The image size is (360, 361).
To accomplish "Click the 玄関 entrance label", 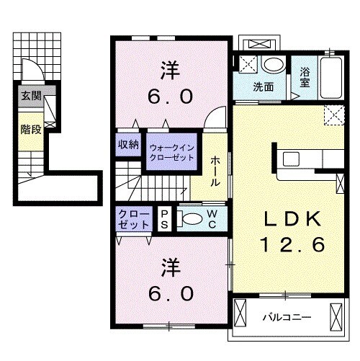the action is (31, 96).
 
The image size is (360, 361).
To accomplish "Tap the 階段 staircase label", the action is (31, 130).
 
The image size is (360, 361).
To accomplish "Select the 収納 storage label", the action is (128, 145).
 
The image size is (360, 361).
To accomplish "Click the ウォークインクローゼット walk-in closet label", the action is (171, 153).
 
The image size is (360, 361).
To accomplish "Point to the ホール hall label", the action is (215, 171).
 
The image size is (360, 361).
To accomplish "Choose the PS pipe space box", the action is (164, 219).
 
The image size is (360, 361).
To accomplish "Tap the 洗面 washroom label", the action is (264, 87).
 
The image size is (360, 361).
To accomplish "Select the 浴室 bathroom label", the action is (305, 77).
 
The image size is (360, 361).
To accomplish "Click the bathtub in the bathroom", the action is (331, 78).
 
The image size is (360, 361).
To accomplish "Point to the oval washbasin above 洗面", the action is (274, 64).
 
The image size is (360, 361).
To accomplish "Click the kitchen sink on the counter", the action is (291, 159).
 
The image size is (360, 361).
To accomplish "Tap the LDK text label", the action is (292, 218).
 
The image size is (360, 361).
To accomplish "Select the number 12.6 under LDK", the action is (292, 244).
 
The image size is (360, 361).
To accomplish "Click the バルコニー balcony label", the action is (287, 317).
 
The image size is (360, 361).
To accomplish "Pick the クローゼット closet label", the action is (134, 219).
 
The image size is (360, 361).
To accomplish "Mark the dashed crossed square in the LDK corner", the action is (334, 115).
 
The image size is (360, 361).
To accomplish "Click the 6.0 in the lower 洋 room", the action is (171, 293).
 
